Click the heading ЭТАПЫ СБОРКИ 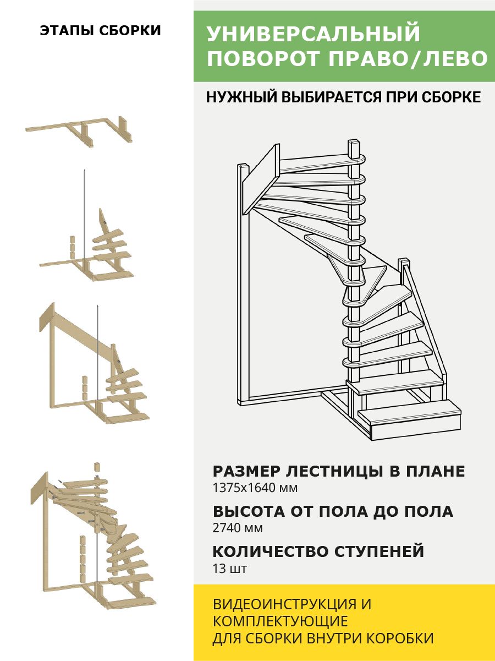point(100,31)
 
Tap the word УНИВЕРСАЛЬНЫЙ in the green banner point(313,34)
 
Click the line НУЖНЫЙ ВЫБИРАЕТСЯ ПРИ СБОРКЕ point(343,97)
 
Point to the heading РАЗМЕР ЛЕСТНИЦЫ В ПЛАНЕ point(339,472)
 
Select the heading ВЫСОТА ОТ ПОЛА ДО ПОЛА point(333,511)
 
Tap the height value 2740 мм point(238,528)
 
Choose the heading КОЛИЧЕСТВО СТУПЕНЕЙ point(318,551)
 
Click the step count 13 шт point(229,568)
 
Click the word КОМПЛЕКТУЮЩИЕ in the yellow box point(280,621)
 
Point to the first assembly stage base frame point(80,130)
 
